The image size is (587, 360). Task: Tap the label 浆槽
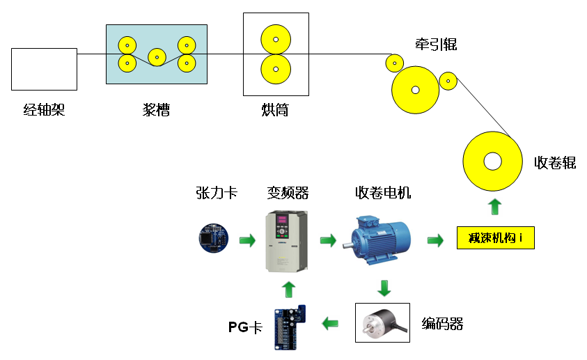(x=156, y=110)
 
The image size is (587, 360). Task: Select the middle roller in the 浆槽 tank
(x=157, y=57)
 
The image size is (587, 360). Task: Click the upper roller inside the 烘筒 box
(x=276, y=39)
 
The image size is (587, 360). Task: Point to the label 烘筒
(x=275, y=110)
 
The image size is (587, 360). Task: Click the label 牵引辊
(x=436, y=45)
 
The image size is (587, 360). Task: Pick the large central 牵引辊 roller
(x=415, y=90)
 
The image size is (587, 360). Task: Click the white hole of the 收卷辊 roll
(x=492, y=162)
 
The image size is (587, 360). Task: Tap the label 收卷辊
(x=554, y=163)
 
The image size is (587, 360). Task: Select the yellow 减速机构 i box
(x=496, y=237)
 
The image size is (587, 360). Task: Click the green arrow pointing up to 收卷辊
(x=495, y=207)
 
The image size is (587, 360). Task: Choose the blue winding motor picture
(x=381, y=240)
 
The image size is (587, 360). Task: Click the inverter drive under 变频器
(x=286, y=241)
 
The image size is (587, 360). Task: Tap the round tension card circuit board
(x=213, y=238)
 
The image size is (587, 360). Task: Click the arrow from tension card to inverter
(x=247, y=240)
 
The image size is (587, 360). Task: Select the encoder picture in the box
(x=382, y=322)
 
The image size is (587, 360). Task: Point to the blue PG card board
(x=290, y=327)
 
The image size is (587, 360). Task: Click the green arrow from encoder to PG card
(x=330, y=323)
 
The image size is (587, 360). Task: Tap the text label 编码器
(x=442, y=324)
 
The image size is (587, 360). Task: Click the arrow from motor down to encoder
(x=384, y=288)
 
